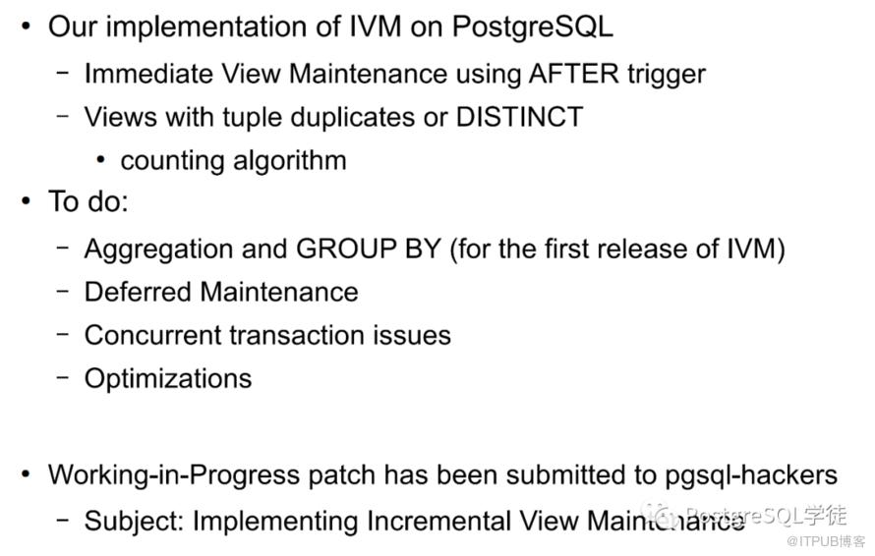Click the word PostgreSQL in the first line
click(532, 28)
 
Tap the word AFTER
click(573, 74)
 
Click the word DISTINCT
click(519, 117)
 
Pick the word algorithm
click(290, 162)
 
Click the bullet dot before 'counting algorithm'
click(100, 160)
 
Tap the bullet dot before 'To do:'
click(26, 200)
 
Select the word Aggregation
click(158, 250)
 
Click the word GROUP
click(346, 249)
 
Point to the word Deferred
click(138, 292)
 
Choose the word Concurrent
click(153, 336)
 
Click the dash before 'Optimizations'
click(63, 377)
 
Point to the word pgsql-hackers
click(750, 475)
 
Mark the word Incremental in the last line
click(438, 522)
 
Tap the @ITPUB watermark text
click(825, 541)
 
